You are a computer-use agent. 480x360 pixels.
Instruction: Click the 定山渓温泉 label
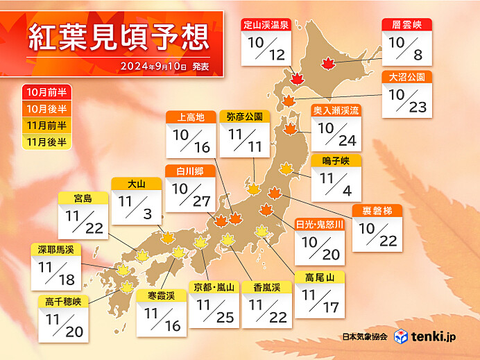[266, 25]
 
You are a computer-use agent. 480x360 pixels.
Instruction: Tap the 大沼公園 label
[407, 77]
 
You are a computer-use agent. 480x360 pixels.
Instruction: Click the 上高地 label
[191, 117]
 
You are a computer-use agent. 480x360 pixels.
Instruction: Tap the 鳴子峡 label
[336, 161]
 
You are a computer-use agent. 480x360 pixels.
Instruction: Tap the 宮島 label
[83, 199]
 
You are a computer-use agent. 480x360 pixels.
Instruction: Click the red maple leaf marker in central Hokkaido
[327, 64]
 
